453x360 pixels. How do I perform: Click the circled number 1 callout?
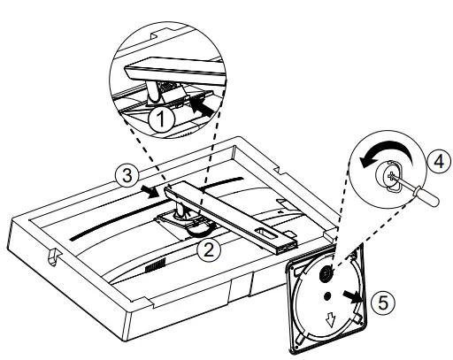pos(161,119)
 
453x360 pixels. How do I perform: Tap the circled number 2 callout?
pos(209,250)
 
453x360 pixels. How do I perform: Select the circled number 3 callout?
pos(127,176)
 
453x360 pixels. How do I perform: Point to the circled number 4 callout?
pos(439,162)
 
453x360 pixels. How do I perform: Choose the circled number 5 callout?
pos(382,303)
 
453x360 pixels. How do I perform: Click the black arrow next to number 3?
pos(151,192)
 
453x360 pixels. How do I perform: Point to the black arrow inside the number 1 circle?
pos(202,107)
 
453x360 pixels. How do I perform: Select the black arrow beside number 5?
pos(352,296)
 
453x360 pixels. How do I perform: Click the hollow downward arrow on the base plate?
pos(330,320)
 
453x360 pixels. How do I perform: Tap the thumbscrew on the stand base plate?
pos(326,273)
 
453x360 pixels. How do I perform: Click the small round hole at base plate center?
pos(327,296)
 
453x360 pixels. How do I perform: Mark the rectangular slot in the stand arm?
pos(266,233)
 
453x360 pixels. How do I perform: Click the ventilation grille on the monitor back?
pos(156,264)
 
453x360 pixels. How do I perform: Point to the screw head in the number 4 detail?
pos(390,176)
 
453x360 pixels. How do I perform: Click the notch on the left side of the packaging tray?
pos(53,256)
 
